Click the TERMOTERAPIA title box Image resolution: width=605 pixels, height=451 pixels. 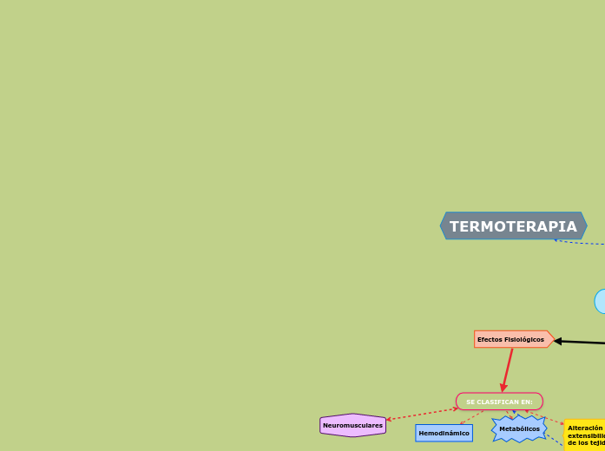(513, 226)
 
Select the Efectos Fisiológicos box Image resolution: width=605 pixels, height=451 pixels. (512, 339)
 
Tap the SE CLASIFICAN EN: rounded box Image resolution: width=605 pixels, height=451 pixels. (499, 402)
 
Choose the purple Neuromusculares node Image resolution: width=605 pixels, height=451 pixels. (352, 425)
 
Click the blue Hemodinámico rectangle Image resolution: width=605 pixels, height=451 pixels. (444, 433)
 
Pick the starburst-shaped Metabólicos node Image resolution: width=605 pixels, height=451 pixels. (519, 428)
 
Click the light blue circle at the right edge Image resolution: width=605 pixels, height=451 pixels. (600, 301)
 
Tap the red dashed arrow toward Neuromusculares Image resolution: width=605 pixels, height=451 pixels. (422, 414)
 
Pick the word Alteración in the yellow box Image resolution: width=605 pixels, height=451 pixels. (585, 428)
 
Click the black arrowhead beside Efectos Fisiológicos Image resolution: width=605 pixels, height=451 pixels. (558, 341)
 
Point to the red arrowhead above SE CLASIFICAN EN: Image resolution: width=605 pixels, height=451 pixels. (503, 388)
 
